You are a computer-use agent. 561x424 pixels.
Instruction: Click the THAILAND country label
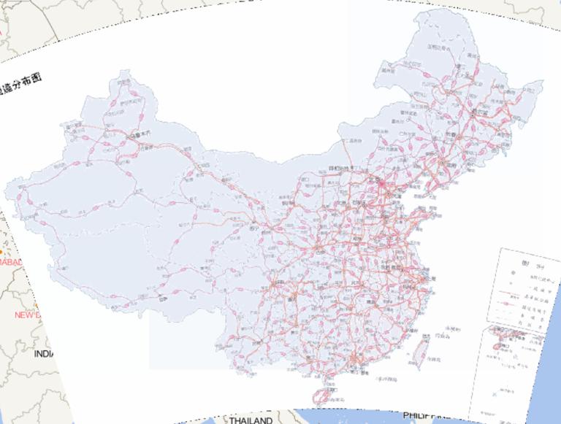click(x=251, y=420)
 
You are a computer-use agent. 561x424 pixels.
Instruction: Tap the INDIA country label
click(x=44, y=353)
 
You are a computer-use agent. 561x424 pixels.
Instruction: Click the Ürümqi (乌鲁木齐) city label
click(x=140, y=135)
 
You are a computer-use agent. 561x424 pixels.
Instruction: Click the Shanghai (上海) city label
click(x=427, y=278)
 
